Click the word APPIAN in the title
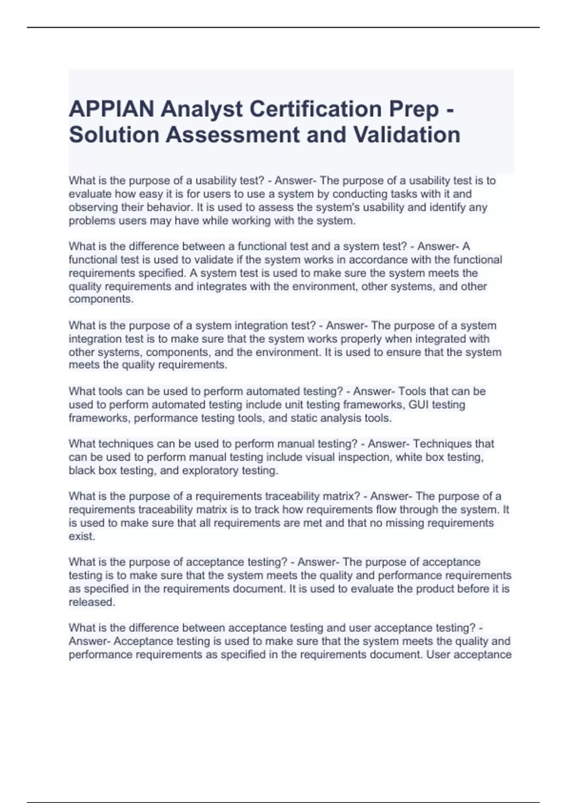click(x=112, y=110)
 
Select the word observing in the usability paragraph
click(x=91, y=207)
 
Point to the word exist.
click(x=81, y=536)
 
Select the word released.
click(x=92, y=602)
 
